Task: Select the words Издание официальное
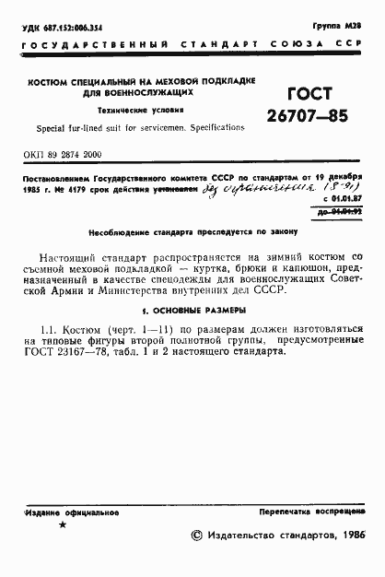coord(66,511)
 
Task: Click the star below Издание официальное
coord(63,525)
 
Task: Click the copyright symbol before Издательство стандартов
coord(195,536)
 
